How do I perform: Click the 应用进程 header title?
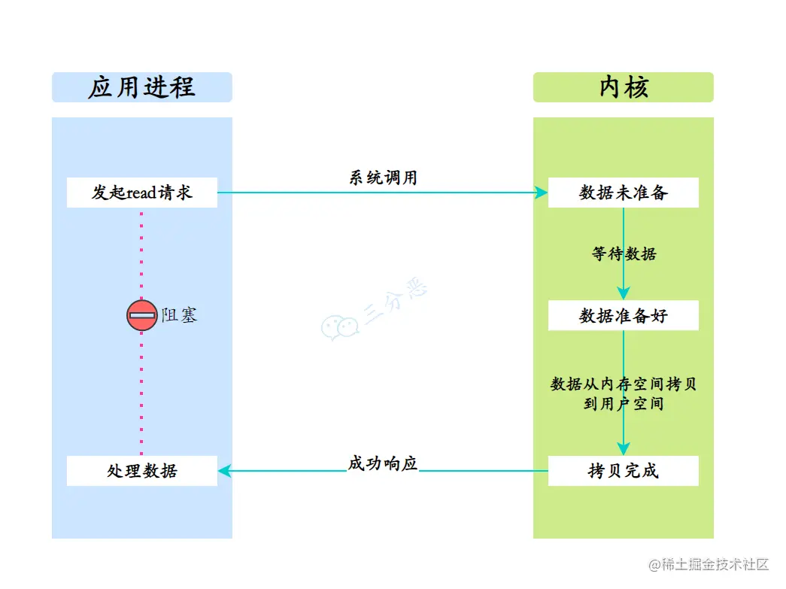(141, 87)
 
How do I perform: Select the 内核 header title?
(623, 87)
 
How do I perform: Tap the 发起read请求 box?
(141, 193)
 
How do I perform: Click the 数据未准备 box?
(623, 193)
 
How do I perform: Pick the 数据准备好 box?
(623, 315)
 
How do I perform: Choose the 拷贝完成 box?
(623, 471)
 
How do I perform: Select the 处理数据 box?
(141, 471)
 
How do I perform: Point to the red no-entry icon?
(141, 315)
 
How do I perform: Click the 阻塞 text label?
(179, 315)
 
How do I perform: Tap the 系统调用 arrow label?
(383, 178)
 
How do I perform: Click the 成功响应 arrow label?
(382, 463)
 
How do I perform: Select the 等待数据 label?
(624, 254)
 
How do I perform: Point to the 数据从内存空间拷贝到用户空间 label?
(624, 393)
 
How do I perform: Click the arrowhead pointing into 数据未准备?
(542, 193)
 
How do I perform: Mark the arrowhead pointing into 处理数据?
(224, 471)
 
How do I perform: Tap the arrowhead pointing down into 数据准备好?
(623, 294)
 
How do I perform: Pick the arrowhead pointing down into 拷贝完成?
(623, 449)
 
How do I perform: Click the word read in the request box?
(141, 193)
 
